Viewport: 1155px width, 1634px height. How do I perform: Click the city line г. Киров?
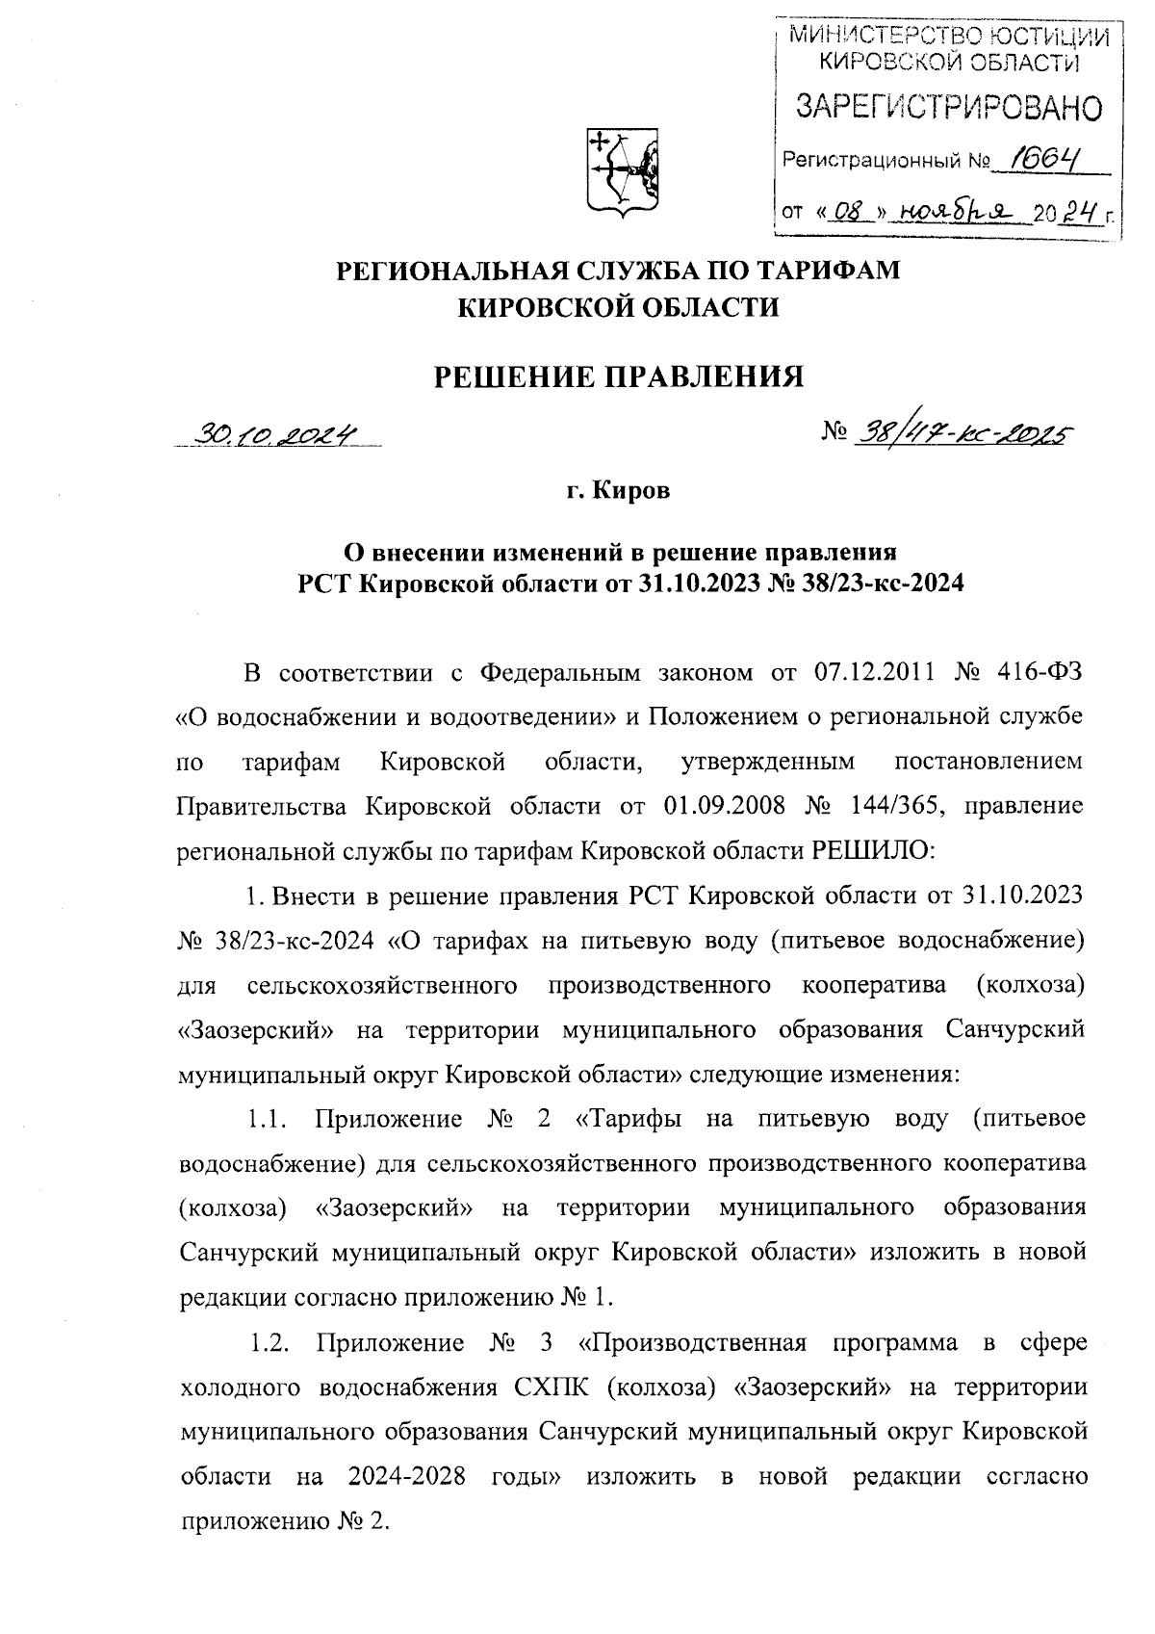(618, 491)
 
